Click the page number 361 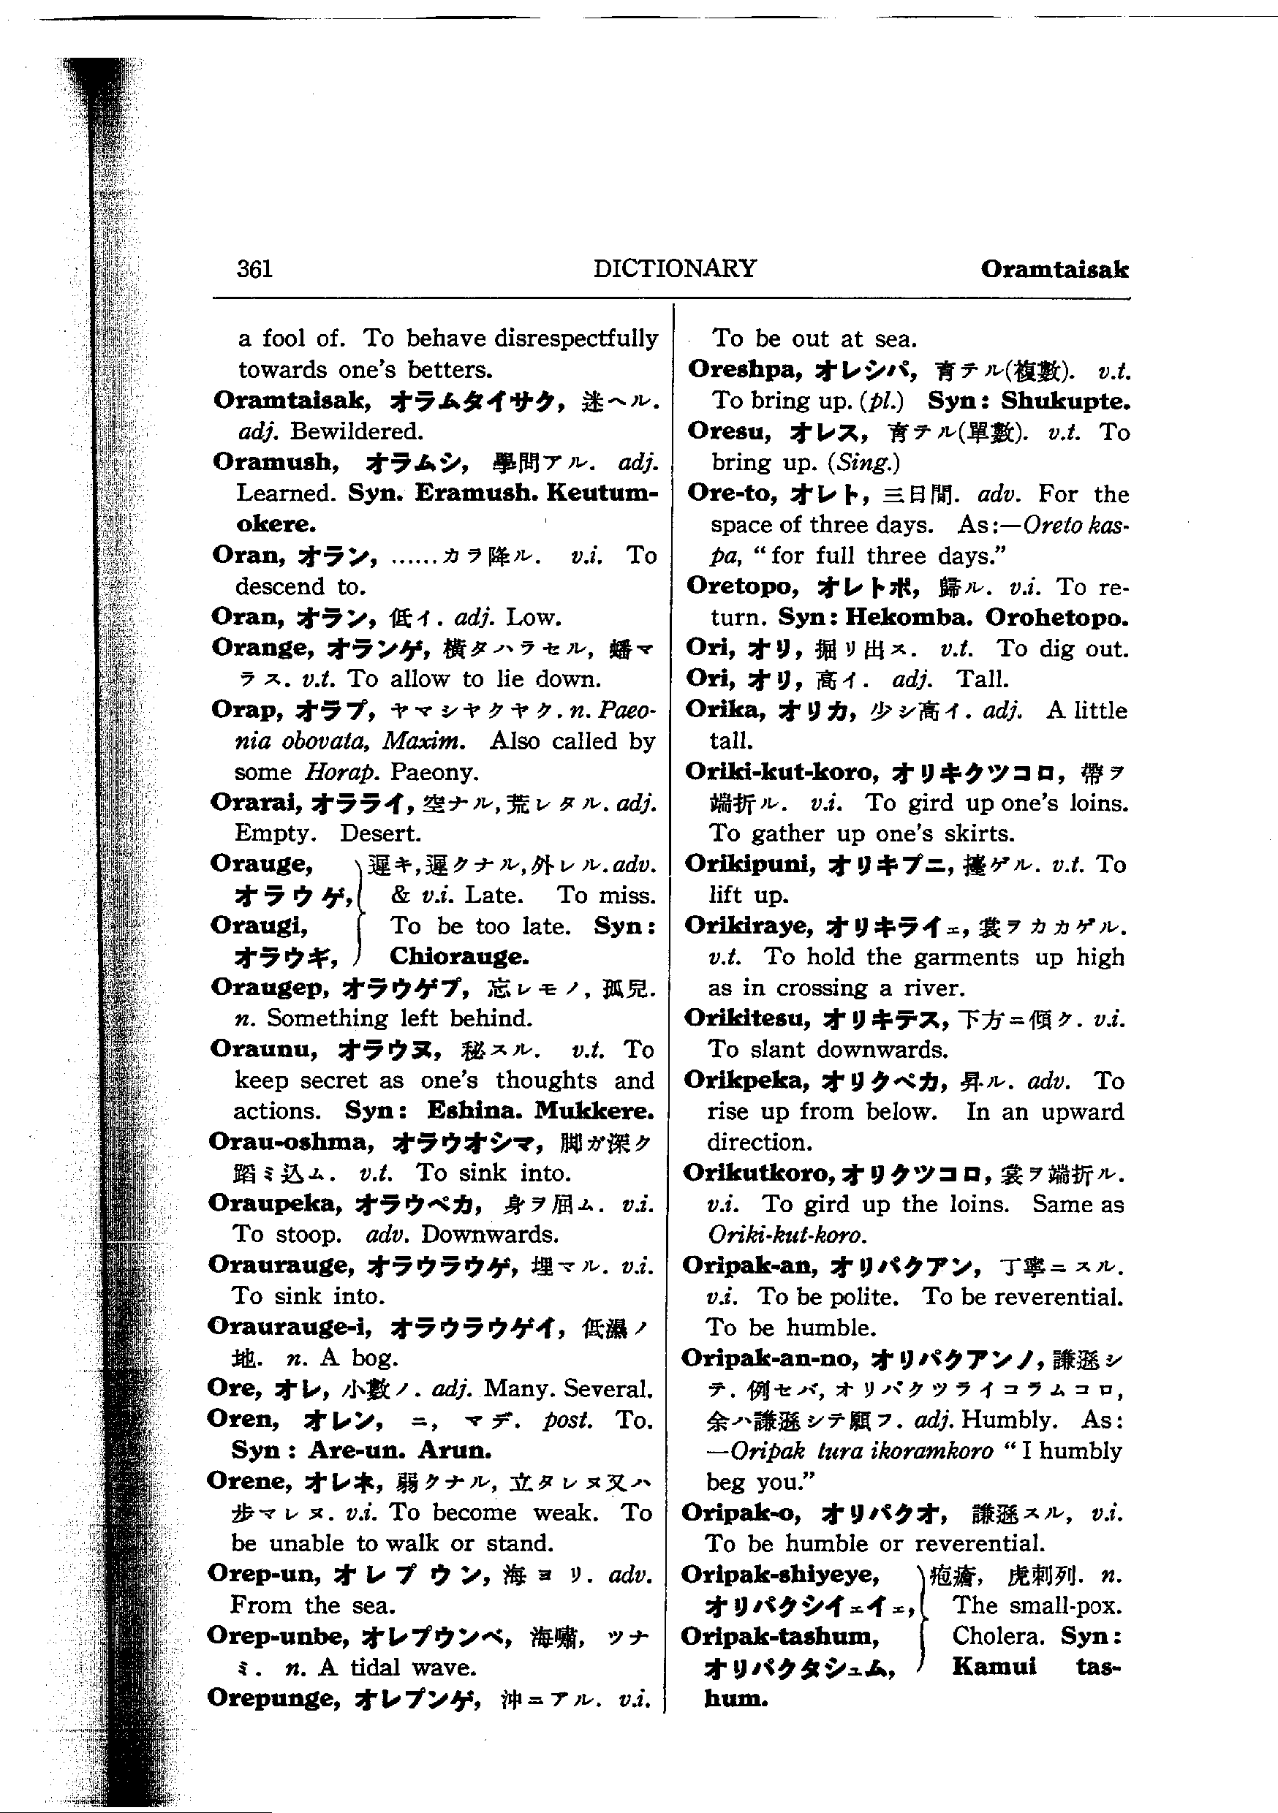254,269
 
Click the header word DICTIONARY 675,268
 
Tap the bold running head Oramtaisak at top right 1054,269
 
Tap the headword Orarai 256,802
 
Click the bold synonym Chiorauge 459,956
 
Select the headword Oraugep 270,987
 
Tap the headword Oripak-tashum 779,1635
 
